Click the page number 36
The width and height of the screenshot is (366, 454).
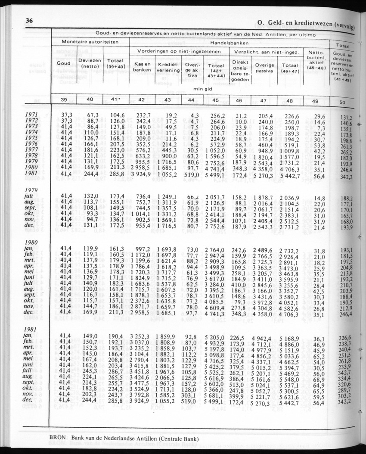click(x=30, y=21)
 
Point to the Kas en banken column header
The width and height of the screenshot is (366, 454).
click(x=142, y=67)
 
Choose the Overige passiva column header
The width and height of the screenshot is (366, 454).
click(x=265, y=68)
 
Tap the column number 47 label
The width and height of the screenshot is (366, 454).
click(x=265, y=100)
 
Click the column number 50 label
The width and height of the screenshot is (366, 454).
click(x=342, y=103)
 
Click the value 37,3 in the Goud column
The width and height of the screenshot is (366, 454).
click(x=66, y=115)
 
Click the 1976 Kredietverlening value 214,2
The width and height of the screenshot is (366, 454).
click(x=168, y=145)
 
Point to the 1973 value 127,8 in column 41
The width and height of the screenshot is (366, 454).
click(x=116, y=127)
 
